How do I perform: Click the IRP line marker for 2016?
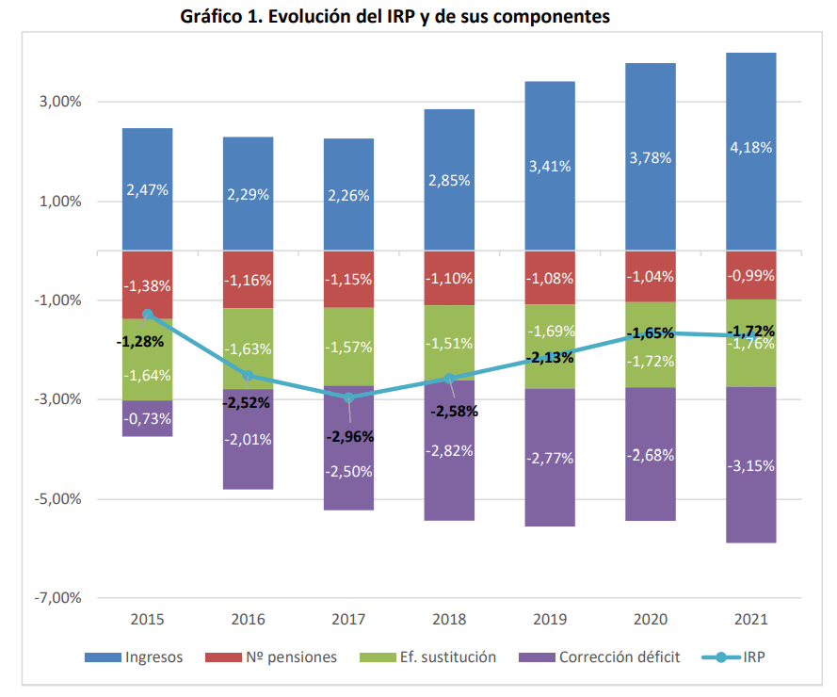tap(248, 376)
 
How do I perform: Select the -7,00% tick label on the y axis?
tap(56, 598)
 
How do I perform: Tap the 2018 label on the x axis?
tap(449, 621)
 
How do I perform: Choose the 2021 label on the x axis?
tap(751, 621)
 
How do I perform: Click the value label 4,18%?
tap(751, 148)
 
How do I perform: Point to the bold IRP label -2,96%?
tap(350, 437)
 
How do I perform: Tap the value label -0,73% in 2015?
tap(147, 418)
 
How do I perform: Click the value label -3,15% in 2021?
tap(751, 465)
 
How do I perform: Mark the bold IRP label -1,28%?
tap(140, 341)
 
